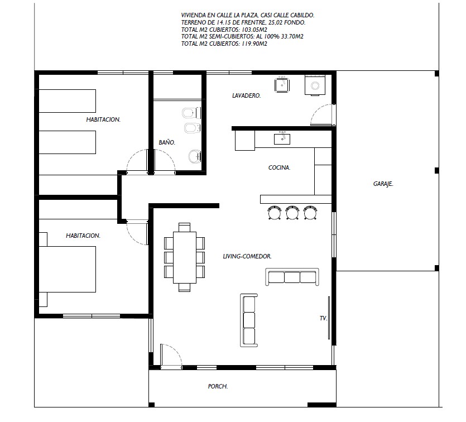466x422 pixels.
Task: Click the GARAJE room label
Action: (383, 184)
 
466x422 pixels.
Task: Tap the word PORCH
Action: (218, 386)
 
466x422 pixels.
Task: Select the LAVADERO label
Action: (246, 95)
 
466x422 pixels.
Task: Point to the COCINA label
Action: (280, 167)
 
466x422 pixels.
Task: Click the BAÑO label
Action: (167, 142)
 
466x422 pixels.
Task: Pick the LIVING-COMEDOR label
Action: (247, 256)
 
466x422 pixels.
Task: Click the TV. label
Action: (323, 318)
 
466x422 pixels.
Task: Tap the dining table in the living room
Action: (185, 257)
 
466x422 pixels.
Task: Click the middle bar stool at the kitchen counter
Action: (292, 213)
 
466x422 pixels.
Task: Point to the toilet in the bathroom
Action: (191, 113)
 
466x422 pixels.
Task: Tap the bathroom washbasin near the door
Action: (195, 156)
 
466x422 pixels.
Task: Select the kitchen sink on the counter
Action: (282, 138)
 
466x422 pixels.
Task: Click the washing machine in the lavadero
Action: (315, 85)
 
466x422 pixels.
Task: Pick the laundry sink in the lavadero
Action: (282, 84)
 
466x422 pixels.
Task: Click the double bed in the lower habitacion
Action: (67, 269)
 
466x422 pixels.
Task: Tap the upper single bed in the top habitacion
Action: (67, 101)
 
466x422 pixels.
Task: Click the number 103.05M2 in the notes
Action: (254, 30)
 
